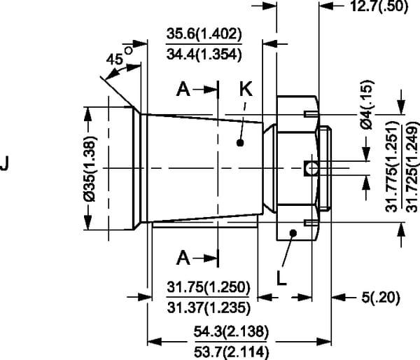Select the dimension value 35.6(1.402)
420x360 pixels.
pos(204,34)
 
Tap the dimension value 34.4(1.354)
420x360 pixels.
pos(204,55)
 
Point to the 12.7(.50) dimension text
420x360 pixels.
pos(379,6)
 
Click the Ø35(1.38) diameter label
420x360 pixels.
pos(90,168)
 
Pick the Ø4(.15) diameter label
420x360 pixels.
pos(366,104)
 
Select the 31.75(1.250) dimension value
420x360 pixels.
pos(209,287)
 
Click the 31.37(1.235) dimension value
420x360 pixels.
pos(209,307)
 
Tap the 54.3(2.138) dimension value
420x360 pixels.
pos(231,331)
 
